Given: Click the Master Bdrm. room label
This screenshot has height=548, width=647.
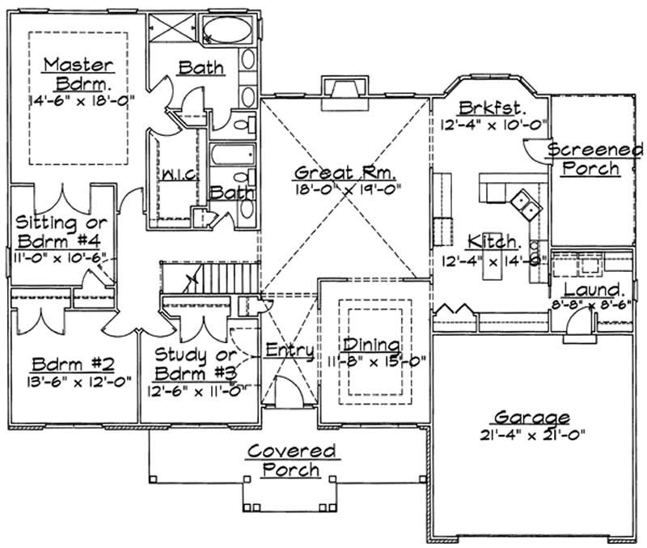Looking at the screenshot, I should pos(78,73).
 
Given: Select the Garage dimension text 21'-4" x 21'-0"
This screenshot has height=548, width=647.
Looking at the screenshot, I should pos(530,434).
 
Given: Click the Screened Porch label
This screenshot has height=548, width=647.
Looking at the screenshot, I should pos(595,159).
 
